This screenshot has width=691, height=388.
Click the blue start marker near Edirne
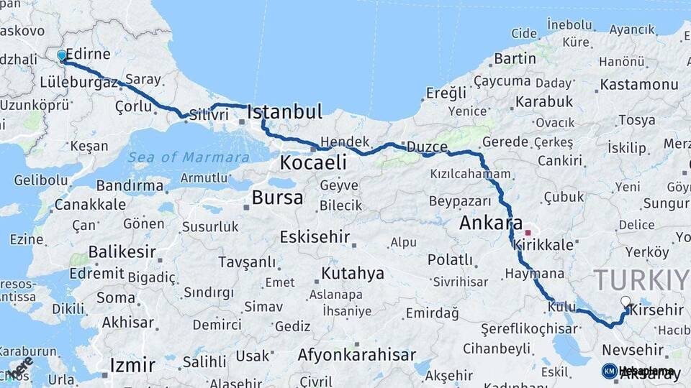tap(62, 55)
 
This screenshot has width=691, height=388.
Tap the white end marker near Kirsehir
tap(625, 302)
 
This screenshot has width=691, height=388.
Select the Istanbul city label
tap(284, 112)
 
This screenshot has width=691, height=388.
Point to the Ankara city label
tap(492, 223)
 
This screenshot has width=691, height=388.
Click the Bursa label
tap(277, 198)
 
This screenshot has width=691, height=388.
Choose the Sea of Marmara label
tap(189, 157)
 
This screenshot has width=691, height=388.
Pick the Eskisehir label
tap(315, 236)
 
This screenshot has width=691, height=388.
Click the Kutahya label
tap(353, 273)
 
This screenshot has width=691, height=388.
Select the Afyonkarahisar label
tap(356, 355)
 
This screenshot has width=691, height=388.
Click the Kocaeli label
tap(312, 163)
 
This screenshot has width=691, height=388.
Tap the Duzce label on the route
tap(427, 147)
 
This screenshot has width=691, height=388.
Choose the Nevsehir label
tap(631, 349)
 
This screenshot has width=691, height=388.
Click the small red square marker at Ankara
tap(528, 232)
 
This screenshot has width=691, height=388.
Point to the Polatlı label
tap(450, 259)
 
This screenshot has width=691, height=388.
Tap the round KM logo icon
tap(609, 371)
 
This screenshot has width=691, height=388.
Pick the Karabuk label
tap(543, 101)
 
